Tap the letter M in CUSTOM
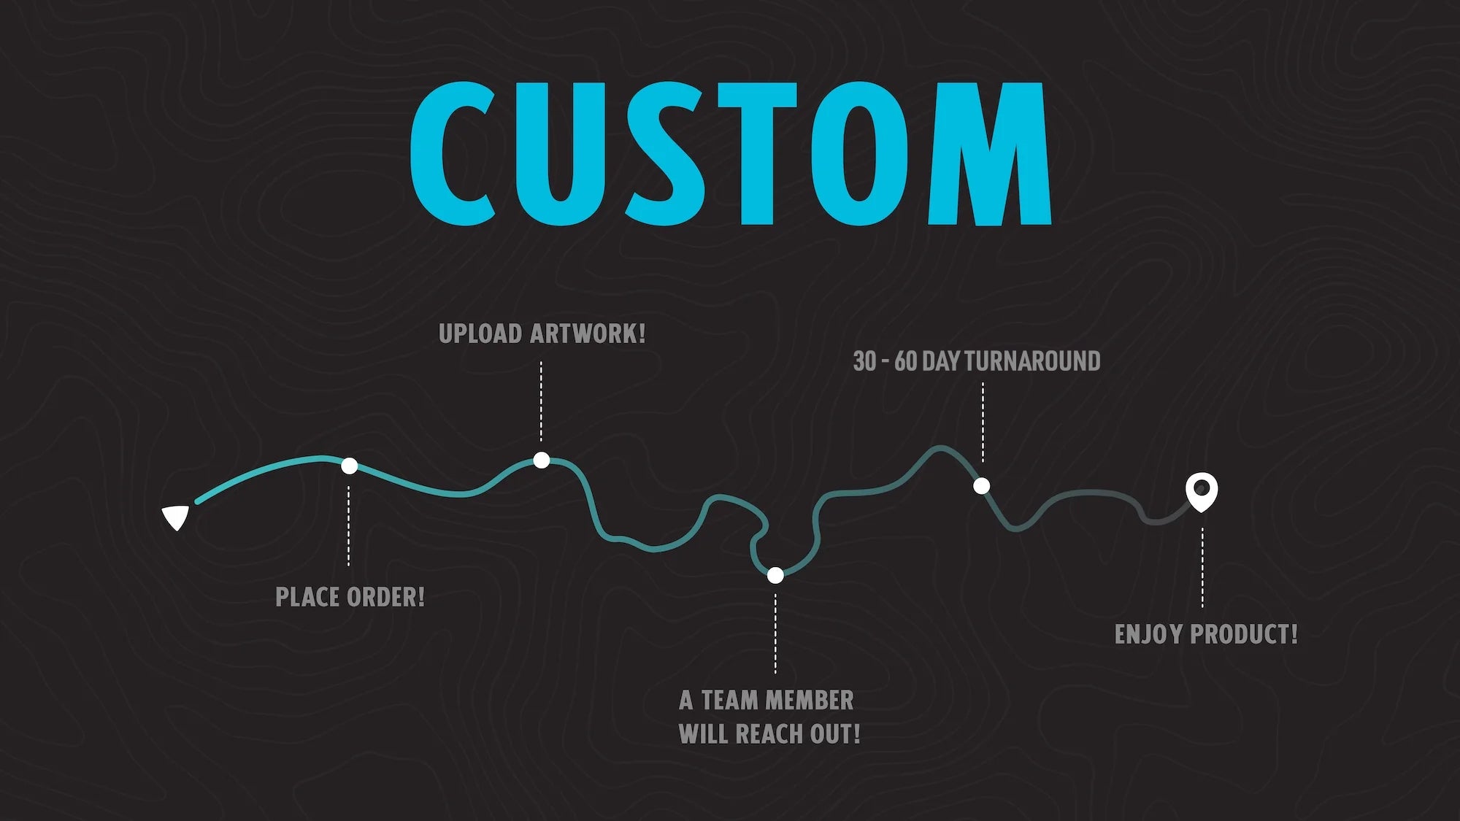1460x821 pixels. point(988,153)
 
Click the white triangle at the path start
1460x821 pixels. point(176,517)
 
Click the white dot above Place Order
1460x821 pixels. point(350,466)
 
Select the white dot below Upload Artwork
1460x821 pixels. point(542,460)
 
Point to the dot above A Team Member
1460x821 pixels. point(775,576)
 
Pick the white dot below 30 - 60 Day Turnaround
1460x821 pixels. point(982,486)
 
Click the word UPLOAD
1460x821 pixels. point(480,334)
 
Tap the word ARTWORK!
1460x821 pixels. point(588,334)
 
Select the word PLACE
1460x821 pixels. point(307,598)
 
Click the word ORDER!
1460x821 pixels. point(385,598)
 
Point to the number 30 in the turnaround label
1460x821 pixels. point(864,361)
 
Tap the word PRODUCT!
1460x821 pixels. point(1244,634)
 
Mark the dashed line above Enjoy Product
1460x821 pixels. point(1202,568)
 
